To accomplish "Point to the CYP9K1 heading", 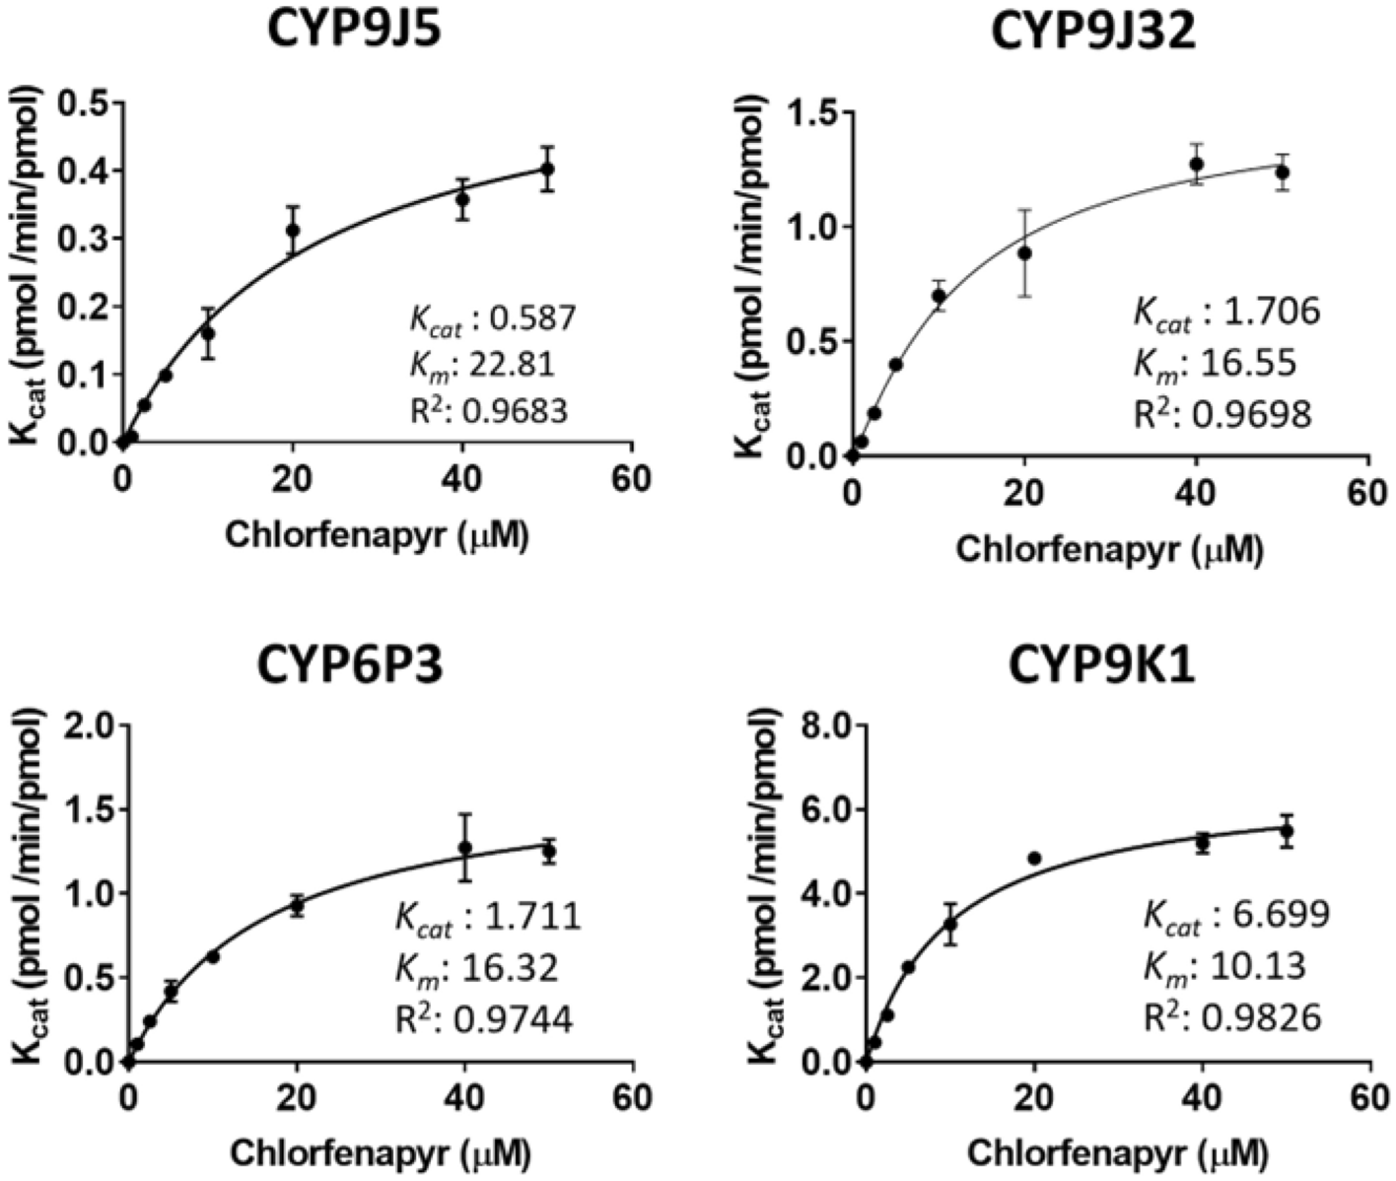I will coord(1101,666).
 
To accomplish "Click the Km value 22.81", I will coord(512,365).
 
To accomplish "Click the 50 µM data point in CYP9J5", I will coord(546,169).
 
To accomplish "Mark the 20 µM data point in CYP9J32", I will coord(1024,253).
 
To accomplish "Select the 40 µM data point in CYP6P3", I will coord(465,847).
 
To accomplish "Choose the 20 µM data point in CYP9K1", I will coord(1034,858).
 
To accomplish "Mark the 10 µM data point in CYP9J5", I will coord(207,333).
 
